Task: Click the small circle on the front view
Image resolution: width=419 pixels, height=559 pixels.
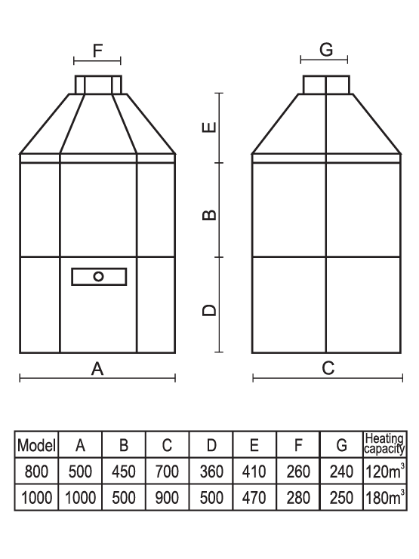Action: point(98,277)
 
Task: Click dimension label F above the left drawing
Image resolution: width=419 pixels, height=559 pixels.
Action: point(97,51)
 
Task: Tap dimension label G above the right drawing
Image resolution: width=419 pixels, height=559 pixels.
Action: point(326,50)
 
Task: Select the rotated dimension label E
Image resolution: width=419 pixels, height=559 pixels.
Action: point(209,127)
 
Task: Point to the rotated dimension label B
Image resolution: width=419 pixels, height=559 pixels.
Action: point(209,215)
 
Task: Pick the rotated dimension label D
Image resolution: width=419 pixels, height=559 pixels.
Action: point(209,310)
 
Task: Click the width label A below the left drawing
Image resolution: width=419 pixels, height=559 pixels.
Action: point(97,369)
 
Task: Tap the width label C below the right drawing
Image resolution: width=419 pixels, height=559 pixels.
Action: point(328,368)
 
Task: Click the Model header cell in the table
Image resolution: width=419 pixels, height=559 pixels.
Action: point(36,445)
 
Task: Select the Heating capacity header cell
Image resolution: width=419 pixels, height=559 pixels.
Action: point(385,444)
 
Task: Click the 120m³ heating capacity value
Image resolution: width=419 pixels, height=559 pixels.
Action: point(385,471)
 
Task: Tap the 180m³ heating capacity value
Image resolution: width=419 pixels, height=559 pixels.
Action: point(385,497)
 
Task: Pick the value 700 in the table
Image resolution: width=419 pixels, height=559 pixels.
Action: point(167,471)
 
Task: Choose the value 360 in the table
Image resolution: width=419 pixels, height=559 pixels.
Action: point(211,471)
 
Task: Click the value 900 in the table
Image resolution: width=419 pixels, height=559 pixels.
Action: point(167,498)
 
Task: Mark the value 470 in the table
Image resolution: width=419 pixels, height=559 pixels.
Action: point(254,498)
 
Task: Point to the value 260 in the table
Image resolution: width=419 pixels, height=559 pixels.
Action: point(298,471)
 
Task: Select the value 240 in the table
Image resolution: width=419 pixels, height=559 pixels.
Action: point(341,471)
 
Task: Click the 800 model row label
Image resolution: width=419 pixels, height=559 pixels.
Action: point(36,471)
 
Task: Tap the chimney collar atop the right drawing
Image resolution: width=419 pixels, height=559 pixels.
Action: point(326,84)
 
